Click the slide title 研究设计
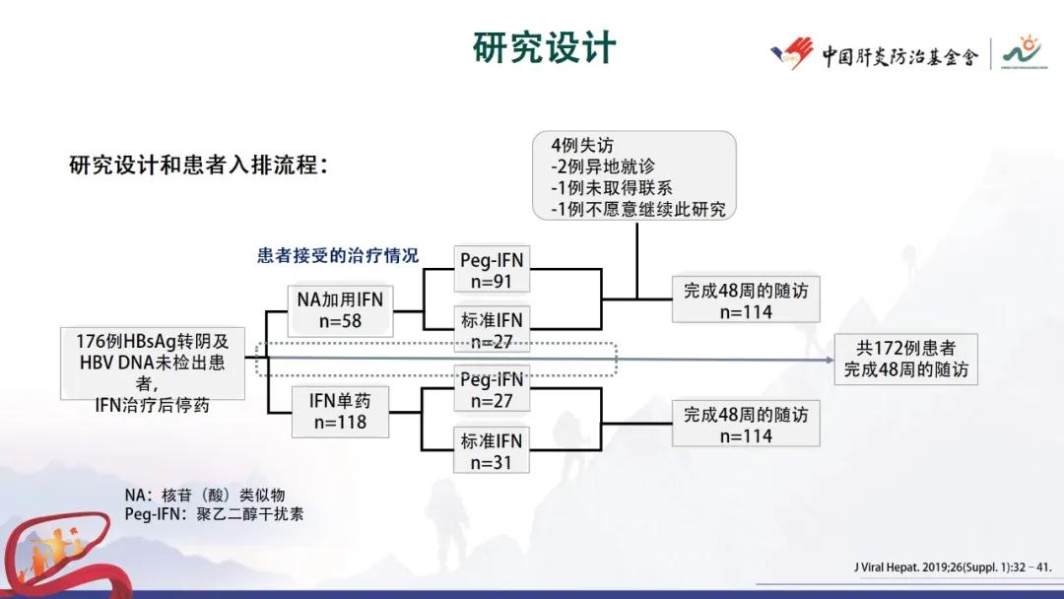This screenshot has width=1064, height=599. (x=544, y=47)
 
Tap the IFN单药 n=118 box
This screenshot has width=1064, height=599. (x=340, y=411)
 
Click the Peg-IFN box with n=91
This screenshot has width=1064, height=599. (x=492, y=270)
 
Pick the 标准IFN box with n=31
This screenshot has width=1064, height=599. (x=492, y=451)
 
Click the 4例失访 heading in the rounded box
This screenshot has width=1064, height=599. (x=584, y=146)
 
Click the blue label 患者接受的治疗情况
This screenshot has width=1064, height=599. (x=338, y=255)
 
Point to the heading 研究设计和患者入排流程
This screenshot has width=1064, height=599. (x=198, y=166)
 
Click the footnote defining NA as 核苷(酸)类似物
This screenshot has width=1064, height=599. (x=205, y=496)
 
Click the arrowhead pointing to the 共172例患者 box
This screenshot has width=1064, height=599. (x=828, y=360)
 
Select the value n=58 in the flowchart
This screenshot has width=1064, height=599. (x=340, y=321)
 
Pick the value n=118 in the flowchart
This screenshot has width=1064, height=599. (x=340, y=422)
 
